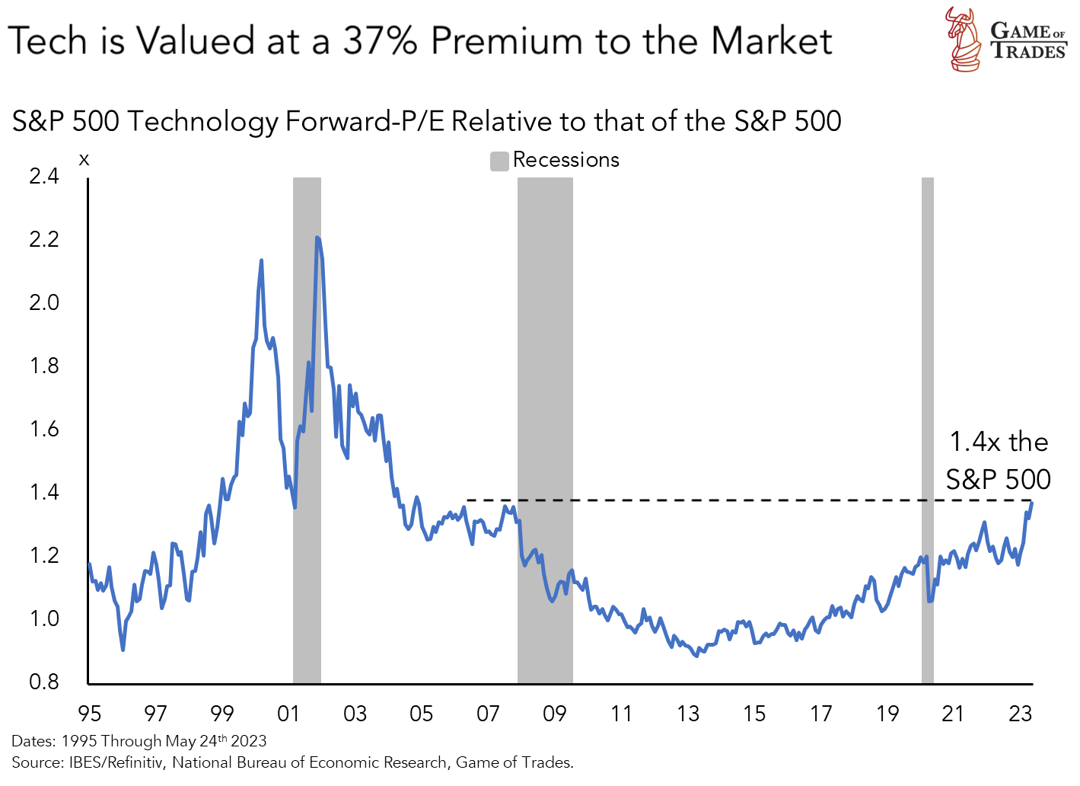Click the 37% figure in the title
click(380, 41)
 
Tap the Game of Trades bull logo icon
click(964, 40)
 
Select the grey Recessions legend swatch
click(499, 161)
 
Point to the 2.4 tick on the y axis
click(44, 176)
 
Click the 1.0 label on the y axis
click(44, 618)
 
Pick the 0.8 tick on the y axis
click(44, 682)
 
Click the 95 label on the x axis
click(90, 714)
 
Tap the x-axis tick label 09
click(554, 714)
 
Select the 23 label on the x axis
click(1020, 714)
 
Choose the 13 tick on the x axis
click(687, 714)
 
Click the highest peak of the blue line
click(317, 238)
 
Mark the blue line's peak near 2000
click(261, 260)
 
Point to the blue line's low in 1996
click(123, 649)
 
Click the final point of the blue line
click(1032, 503)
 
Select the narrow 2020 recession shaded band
click(927, 427)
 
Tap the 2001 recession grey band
click(307, 427)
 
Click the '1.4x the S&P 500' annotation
click(998, 460)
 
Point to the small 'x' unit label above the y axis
click(84, 159)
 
